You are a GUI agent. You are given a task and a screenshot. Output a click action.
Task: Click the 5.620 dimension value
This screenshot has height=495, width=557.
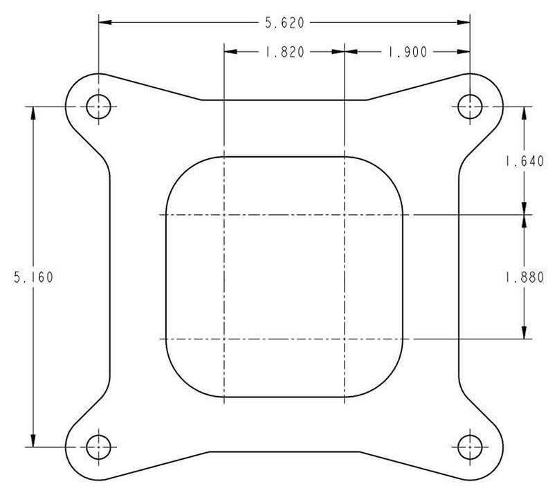tap(284, 23)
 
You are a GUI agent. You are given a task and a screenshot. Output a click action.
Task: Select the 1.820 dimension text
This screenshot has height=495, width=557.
tap(284, 52)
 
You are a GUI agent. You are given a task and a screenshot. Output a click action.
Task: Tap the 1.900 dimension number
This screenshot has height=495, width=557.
tap(407, 52)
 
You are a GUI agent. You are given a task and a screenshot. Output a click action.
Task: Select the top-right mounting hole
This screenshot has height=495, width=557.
tap(470, 107)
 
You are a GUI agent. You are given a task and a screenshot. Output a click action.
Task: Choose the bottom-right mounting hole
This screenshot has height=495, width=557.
tap(470, 447)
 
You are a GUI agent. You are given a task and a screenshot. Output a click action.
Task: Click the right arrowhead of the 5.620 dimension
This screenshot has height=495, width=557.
tap(464, 23)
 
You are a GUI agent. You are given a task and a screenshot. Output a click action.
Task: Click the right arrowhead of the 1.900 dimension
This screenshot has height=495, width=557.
tap(464, 52)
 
